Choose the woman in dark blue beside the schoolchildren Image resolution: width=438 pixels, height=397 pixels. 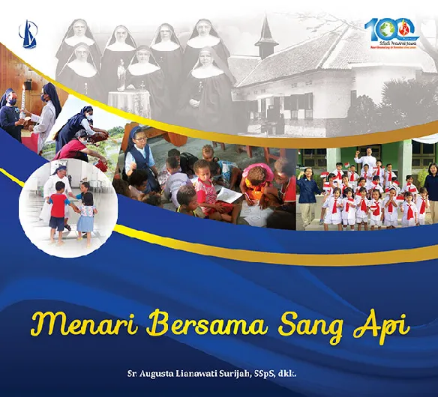pyautogui.click(x=307, y=191)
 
